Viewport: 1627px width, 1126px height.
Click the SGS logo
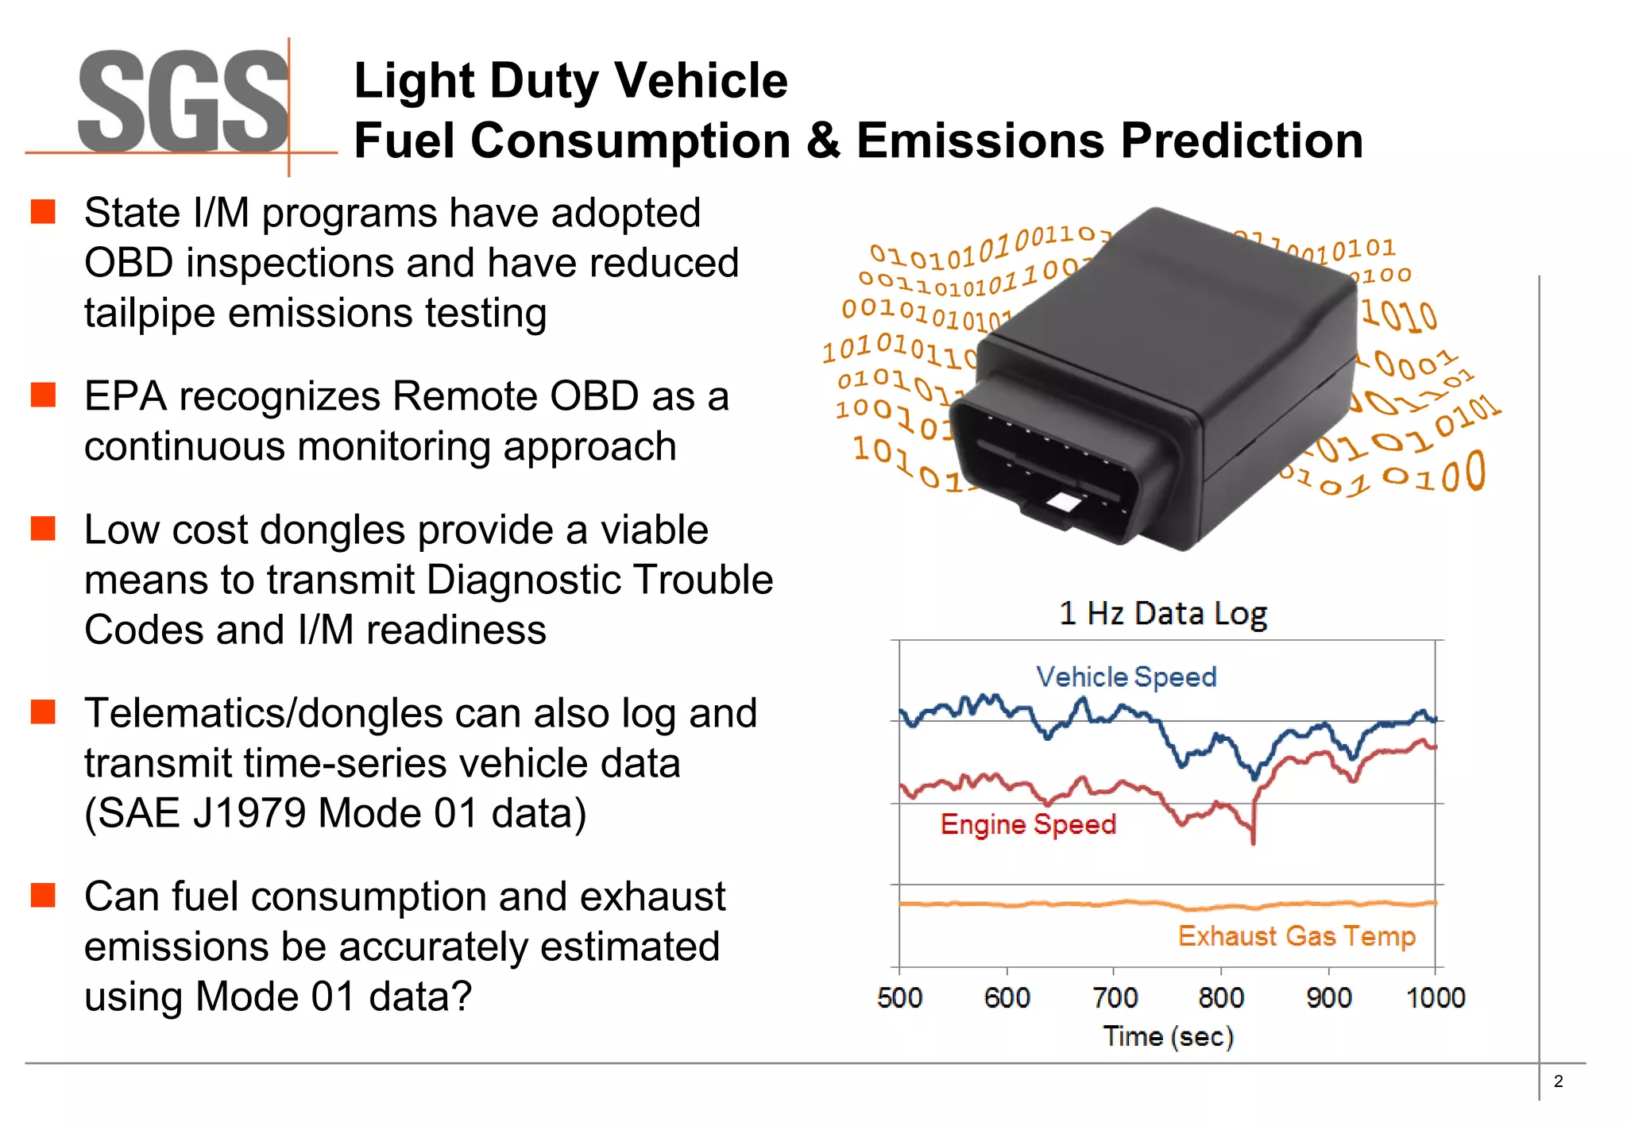click(183, 102)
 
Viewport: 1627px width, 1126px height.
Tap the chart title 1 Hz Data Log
click(1162, 614)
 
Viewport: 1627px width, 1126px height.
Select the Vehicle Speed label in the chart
click(1126, 677)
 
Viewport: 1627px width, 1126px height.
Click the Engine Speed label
click(1028, 824)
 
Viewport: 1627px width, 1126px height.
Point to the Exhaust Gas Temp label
click(1296, 936)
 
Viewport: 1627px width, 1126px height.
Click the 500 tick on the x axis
click(899, 997)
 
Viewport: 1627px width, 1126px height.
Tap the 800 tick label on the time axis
click(1221, 997)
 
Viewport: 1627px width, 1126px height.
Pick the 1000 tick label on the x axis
click(1435, 997)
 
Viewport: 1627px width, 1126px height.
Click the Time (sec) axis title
click(1168, 1036)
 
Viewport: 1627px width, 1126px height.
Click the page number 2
click(1558, 1082)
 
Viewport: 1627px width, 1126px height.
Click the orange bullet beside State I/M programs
click(43, 212)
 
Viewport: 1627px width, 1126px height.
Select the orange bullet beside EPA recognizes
click(43, 395)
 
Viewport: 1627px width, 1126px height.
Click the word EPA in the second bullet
click(126, 396)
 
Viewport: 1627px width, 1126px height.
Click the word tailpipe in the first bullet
click(150, 313)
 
